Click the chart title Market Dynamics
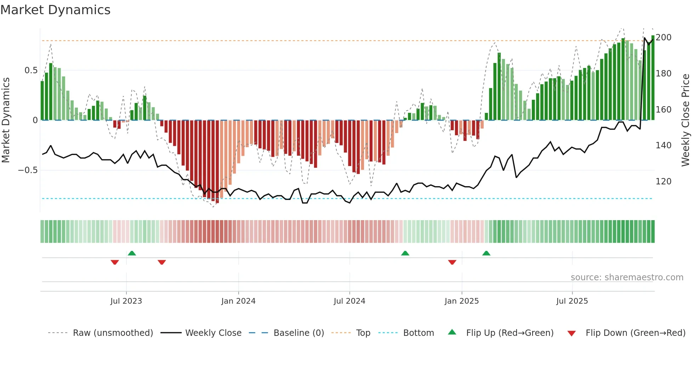[55, 10]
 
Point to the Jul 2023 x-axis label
[126, 301]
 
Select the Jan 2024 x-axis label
[238, 301]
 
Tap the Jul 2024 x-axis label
[349, 301]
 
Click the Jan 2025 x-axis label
[462, 301]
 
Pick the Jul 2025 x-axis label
[572, 301]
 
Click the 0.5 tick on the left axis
[31, 70]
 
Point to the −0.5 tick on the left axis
[28, 170]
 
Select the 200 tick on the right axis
[664, 38]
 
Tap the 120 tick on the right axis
[664, 182]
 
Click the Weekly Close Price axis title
[686, 120]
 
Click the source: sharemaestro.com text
[627, 277]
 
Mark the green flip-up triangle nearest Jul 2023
[132, 253]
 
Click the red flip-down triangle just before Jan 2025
[452, 262]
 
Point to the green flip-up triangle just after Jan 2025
[486, 253]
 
